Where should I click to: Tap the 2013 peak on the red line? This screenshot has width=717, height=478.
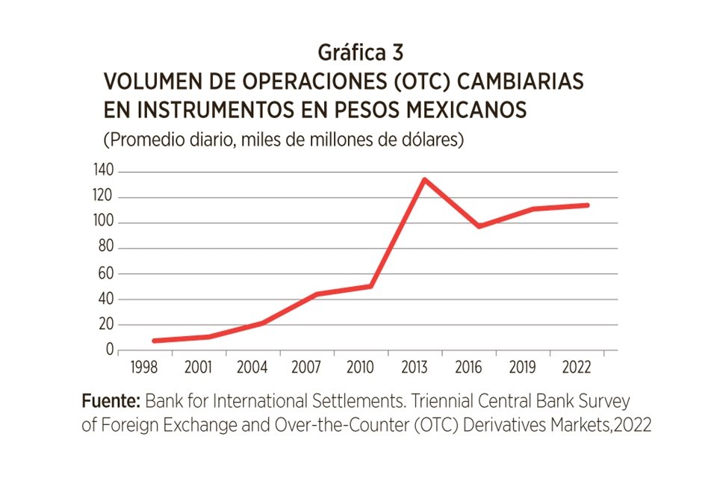coord(423,179)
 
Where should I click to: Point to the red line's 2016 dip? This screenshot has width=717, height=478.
coord(478,226)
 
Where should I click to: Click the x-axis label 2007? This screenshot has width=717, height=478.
coord(307,367)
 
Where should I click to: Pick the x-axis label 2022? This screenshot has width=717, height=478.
coord(576,367)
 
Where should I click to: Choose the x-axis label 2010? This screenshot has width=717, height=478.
coord(361,367)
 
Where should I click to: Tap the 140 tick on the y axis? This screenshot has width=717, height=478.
coord(103,172)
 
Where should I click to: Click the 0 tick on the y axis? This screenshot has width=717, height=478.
coord(109,350)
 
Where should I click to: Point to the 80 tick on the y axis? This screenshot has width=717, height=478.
coord(105,248)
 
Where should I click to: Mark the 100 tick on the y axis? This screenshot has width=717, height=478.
coord(103,223)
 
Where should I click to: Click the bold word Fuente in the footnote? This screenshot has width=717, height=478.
coord(111,401)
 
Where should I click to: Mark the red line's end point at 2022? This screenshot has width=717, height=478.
coord(587,205)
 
